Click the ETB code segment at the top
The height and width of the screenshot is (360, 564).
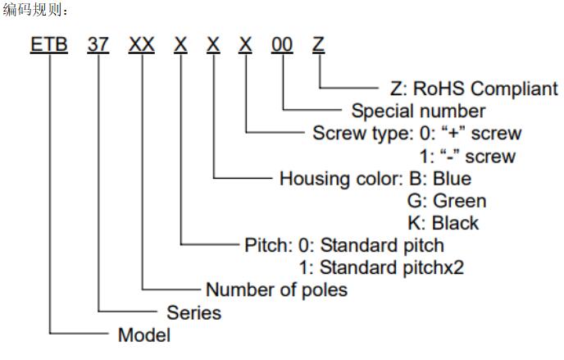49,44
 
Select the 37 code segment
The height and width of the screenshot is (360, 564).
98,44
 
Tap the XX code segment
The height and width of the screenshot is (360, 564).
142,44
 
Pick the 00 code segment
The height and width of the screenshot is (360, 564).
282,44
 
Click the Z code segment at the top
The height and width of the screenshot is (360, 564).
318,44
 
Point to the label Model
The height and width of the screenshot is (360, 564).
144,335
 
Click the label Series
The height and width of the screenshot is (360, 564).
193,312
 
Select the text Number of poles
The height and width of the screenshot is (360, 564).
276,289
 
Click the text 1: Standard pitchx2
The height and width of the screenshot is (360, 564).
382,267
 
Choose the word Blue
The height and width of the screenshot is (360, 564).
453,179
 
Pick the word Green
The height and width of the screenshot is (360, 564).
460,201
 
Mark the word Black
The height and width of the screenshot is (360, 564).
455,223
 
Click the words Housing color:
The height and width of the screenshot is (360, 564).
342,179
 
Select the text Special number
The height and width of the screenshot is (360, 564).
419,112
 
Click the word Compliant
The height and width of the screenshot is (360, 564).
514,89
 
